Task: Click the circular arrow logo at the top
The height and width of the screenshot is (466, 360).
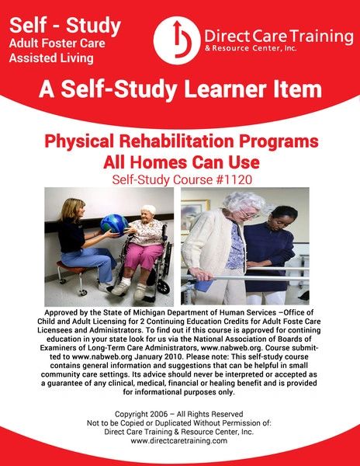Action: [x=177, y=40]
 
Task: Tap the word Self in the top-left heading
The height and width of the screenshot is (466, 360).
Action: [x=24, y=26]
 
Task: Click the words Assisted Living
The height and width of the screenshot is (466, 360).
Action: [x=51, y=58]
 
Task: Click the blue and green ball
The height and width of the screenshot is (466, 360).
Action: [x=114, y=224]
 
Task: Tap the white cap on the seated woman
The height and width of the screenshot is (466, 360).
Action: [x=148, y=209]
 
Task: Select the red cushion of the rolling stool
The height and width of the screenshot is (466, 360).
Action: [x=71, y=267]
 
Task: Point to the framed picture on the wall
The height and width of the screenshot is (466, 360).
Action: [x=193, y=214]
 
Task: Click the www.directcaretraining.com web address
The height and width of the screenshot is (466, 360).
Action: [x=179, y=440]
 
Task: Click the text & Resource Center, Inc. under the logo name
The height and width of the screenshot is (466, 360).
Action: [x=251, y=48]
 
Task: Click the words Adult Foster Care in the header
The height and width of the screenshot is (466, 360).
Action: [x=57, y=43]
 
